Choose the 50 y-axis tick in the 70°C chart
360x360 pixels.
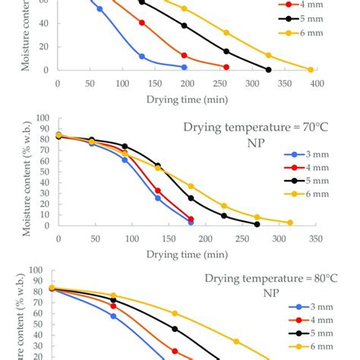click(x=46, y=172)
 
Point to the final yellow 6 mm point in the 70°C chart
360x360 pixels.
click(x=290, y=223)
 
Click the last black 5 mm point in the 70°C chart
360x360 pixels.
click(x=257, y=224)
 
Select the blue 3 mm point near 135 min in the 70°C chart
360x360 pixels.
click(x=158, y=197)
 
